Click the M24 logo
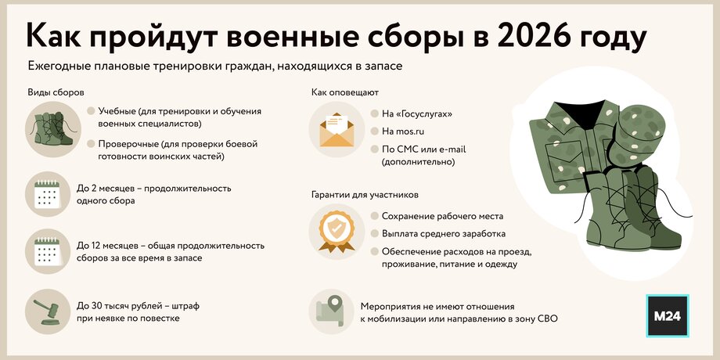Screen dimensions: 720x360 click(x=668, y=315)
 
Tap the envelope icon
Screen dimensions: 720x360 click(x=337, y=129)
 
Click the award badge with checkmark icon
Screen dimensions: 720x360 click(x=337, y=232)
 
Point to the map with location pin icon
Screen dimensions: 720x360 click(x=330, y=311)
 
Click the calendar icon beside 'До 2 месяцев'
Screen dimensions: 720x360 click(x=47, y=194)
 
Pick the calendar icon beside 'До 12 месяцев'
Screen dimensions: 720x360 click(x=47, y=251)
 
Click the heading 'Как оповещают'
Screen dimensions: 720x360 click(x=345, y=93)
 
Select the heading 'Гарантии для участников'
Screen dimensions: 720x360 click(x=365, y=195)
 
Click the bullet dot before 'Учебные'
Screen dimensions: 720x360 click(x=91, y=111)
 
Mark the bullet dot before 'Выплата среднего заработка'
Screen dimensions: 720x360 click(x=375, y=234)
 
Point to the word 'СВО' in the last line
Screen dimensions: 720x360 click(x=547, y=319)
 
